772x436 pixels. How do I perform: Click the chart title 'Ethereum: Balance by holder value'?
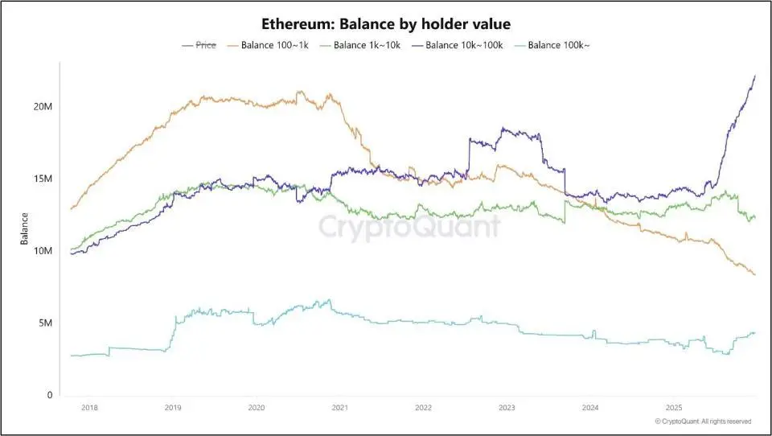(386, 24)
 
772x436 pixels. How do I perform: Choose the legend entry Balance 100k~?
(556, 45)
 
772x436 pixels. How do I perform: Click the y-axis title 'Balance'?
(25, 228)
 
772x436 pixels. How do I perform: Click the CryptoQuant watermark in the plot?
(409, 227)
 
